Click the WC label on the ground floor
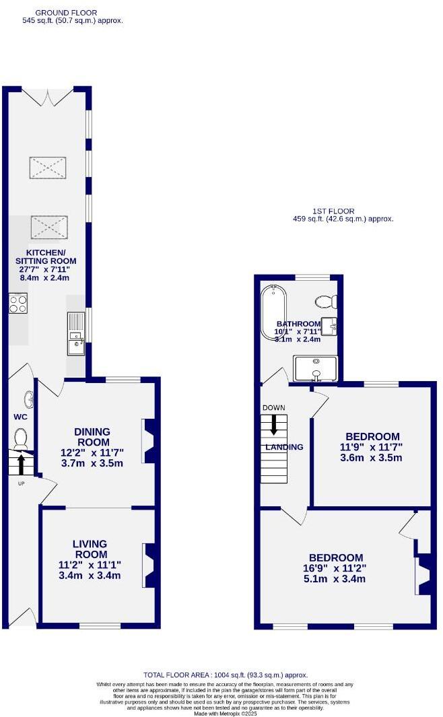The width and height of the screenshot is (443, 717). pyautogui.click(x=20, y=417)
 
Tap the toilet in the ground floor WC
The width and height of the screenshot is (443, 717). pyautogui.click(x=20, y=439)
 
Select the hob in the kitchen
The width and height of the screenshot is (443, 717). pyautogui.click(x=18, y=304)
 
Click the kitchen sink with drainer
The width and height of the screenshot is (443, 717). pyautogui.click(x=75, y=334)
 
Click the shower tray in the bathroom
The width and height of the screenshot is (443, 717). pyautogui.click(x=315, y=368)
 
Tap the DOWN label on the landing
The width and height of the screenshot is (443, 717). pyautogui.click(x=274, y=408)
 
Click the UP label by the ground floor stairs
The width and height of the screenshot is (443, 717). pyautogui.click(x=22, y=483)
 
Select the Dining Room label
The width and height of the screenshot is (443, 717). pyautogui.click(x=92, y=437)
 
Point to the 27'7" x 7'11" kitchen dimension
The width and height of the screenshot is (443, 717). pyautogui.click(x=46, y=270)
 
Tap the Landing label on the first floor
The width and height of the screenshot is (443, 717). pyautogui.click(x=284, y=447)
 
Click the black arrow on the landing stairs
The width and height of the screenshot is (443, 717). pyautogui.click(x=274, y=424)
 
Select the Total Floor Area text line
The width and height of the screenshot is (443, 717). pyautogui.click(x=226, y=675)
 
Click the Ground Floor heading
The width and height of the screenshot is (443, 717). pyautogui.click(x=65, y=13)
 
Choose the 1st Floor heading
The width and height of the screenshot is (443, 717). pyautogui.click(x=333, y=211)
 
